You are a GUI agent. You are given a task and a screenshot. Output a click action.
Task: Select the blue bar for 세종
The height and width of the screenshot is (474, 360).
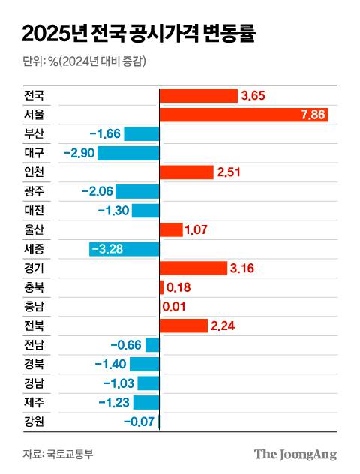pyautogui.click(x=124, y=248)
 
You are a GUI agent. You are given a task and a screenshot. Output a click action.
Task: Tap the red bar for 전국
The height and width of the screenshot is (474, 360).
pyautogui.click(x=198, y=96)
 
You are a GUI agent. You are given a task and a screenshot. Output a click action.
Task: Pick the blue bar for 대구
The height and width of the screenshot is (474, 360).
pyautogui.click(x=128, y=153)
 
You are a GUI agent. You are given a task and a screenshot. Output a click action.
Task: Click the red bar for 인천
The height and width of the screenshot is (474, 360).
pyautogui.click(x=187, y=172)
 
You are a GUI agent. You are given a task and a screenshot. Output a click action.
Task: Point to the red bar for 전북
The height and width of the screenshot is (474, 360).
pyautogui.click(x=184, y=325)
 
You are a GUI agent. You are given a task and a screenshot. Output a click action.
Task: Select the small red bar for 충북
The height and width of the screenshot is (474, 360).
pyautogui.click(x=161, y=286)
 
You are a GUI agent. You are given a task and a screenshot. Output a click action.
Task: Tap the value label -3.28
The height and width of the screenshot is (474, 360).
pyautogui.click(x=107, y=248)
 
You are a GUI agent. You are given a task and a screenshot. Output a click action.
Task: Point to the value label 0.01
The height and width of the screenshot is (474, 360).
pyautogui.click(x=175, y=306)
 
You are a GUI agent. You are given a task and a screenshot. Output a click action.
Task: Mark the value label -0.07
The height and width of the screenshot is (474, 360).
pyautogui.click(x=139, y=421)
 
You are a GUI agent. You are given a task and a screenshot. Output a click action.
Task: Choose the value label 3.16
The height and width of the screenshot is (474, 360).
pyautogui.click(x=244, y=268)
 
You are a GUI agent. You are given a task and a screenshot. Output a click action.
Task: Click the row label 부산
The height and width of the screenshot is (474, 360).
pyautogui.click(x=34, y=134)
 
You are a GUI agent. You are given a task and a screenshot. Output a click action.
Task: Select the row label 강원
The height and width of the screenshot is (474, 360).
pyautogui.click(x=34, y=421)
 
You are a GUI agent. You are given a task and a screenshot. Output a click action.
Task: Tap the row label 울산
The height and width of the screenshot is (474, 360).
pyautogui.click(x=34, y=229)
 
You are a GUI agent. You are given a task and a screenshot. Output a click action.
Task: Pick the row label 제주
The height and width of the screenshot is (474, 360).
pyautogui.click(x=34, y=402)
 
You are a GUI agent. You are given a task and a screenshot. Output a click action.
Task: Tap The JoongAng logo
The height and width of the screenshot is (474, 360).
pyautogui.click(x=295, y=454)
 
